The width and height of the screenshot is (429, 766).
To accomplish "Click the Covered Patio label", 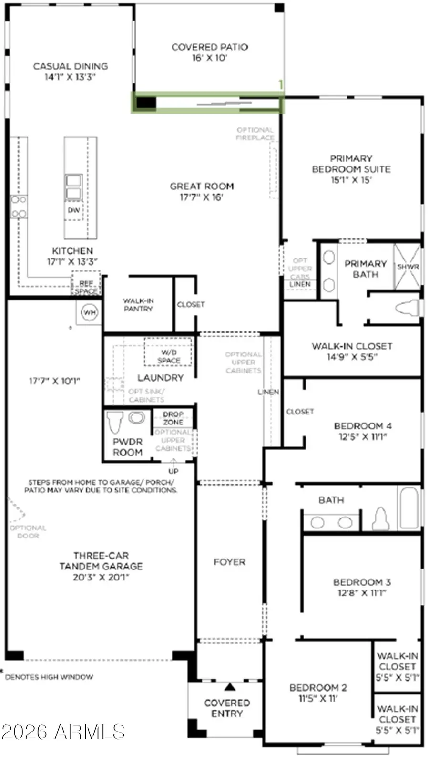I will point(210,47).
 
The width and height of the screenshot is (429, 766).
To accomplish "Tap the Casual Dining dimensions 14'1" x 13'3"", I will point(71,77).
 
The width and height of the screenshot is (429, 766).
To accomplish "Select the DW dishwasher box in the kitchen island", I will point(74,210).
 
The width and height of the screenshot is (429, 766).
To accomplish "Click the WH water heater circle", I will point(89,313).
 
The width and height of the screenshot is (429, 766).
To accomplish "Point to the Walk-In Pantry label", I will point(138,305).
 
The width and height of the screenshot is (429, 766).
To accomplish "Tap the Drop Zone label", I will point(173,418).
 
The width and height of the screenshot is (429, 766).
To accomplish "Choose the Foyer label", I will point(229,562).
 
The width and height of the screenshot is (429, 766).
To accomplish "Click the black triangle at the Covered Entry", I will point(230,687).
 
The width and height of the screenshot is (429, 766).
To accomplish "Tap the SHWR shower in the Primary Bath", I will point(408,267).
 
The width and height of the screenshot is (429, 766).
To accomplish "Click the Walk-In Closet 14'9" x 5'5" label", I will point(352,352).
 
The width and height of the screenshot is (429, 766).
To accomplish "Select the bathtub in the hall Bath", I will point(409,507).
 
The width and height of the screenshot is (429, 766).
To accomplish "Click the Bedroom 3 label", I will point(362,582).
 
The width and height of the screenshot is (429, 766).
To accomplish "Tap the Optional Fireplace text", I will point(255,134).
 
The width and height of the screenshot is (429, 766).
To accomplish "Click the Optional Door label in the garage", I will point(28,532).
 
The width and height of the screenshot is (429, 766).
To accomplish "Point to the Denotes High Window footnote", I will point(49,677).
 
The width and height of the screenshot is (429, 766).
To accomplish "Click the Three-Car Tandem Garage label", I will point(101,561).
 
